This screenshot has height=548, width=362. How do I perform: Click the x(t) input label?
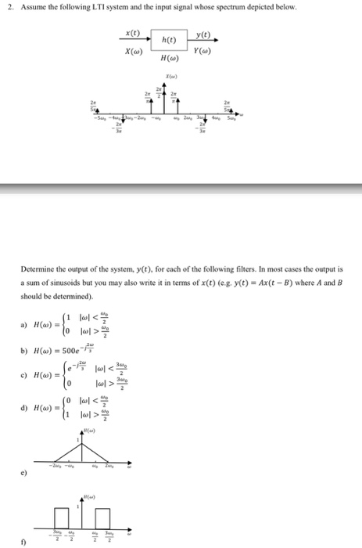point(133,33)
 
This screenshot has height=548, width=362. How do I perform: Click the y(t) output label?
point(204,33)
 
